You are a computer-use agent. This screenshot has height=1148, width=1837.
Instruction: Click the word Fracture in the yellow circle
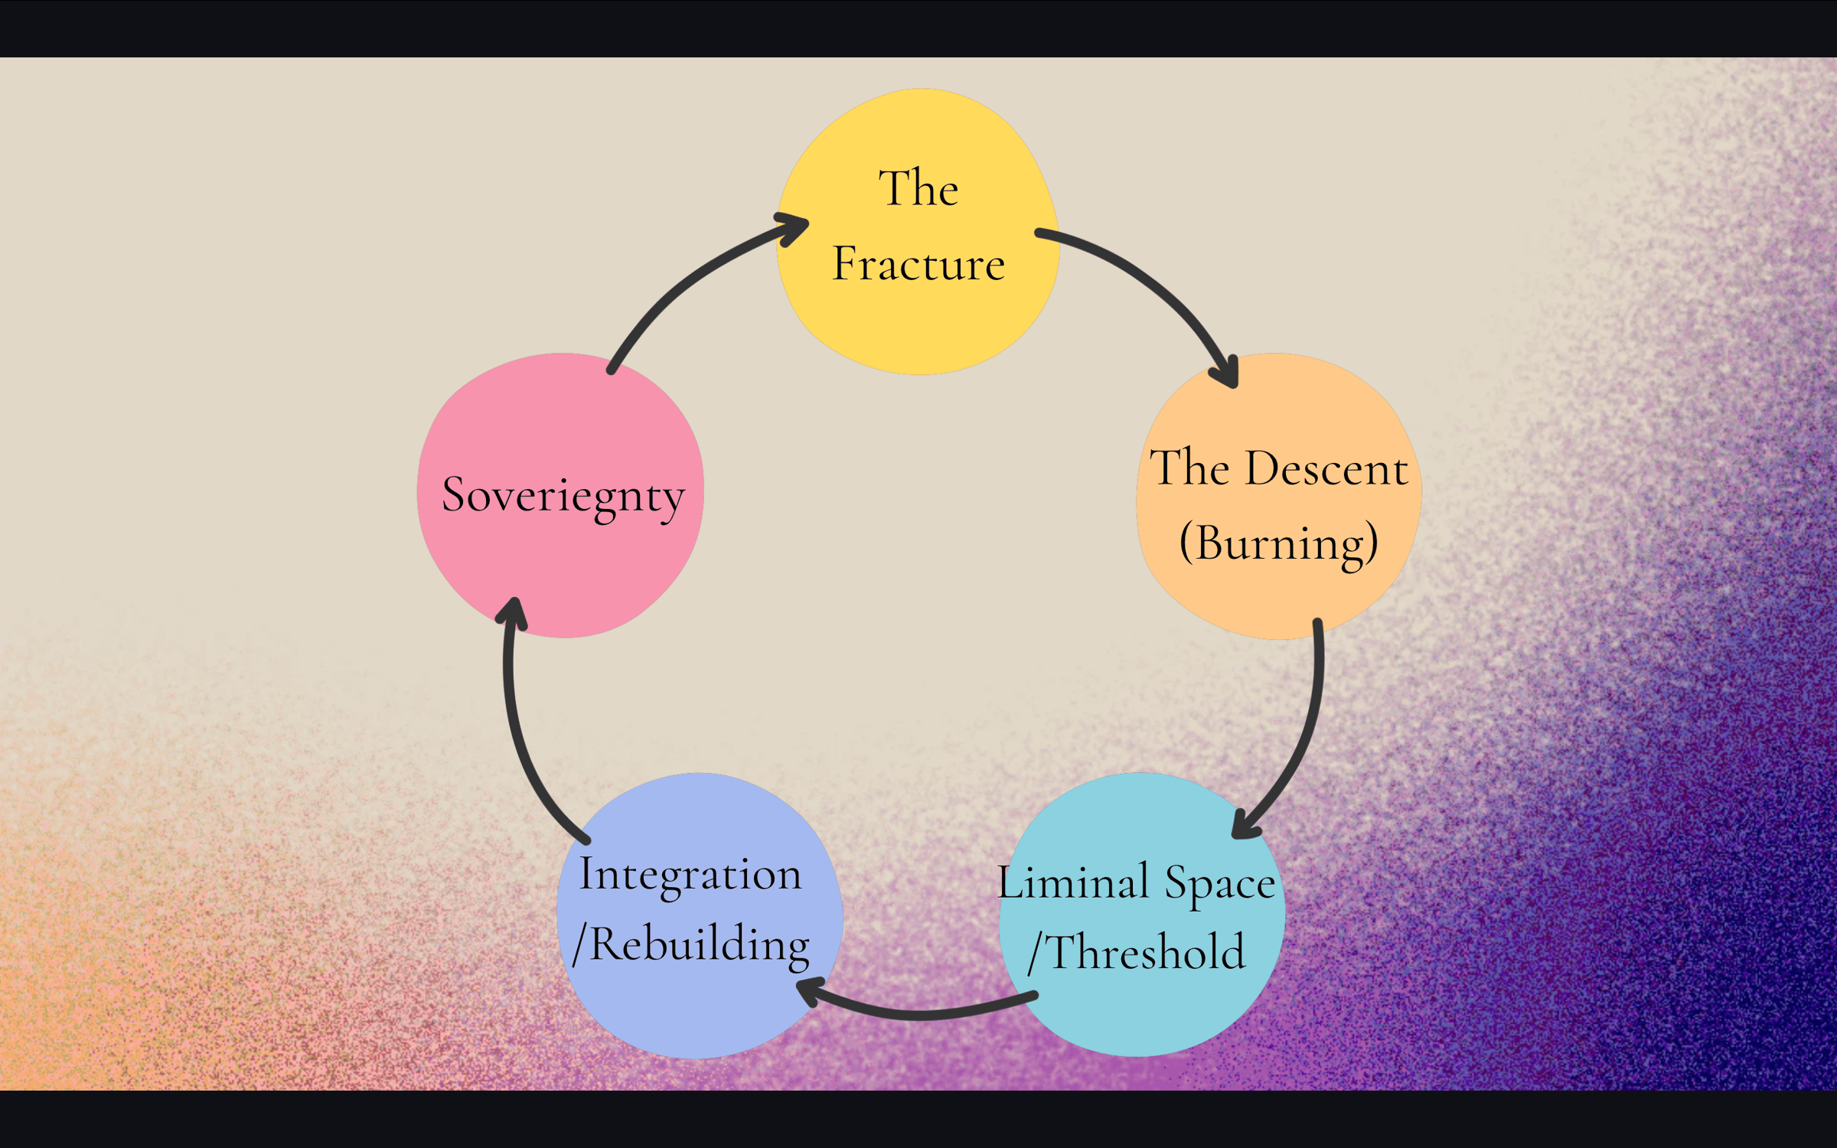tap(918, 264)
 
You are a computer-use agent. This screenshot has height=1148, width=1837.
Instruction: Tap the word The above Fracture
tap(918, 188)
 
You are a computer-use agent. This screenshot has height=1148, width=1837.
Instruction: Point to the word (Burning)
tap(1278, 544)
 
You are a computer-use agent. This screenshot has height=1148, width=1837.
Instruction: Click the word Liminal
tap(1072, 882)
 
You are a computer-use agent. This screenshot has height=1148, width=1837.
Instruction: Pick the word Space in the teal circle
tap(1219, 884)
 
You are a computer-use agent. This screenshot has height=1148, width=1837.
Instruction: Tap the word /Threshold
tap(1137, 952)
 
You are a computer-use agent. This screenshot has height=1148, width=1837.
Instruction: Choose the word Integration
tap(690, 875)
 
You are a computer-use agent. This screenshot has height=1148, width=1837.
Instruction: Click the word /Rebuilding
tap(690, 944)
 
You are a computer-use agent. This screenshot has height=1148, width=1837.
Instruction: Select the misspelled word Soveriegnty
tap(563, 496)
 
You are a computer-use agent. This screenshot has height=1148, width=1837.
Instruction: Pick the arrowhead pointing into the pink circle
tap(514, 612)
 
